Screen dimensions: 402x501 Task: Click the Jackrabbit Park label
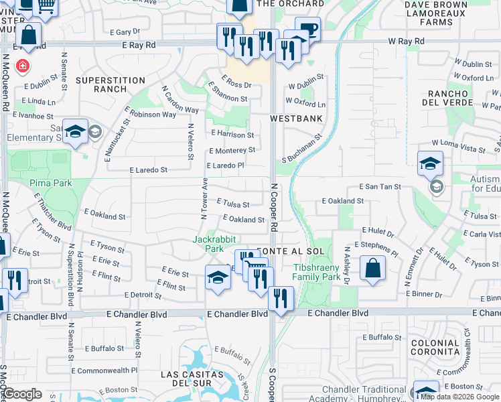tap(207, 244)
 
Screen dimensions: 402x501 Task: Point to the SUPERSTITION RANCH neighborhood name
tap(111, 84)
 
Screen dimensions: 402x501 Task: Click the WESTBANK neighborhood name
tap(296, 119)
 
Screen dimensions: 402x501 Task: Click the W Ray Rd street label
tap(406, 42)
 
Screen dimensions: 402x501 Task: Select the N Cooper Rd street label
tap(274, 208)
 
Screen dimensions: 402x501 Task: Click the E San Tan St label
tap(380, 187)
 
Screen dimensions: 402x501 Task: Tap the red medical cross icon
tap(23, 66)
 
